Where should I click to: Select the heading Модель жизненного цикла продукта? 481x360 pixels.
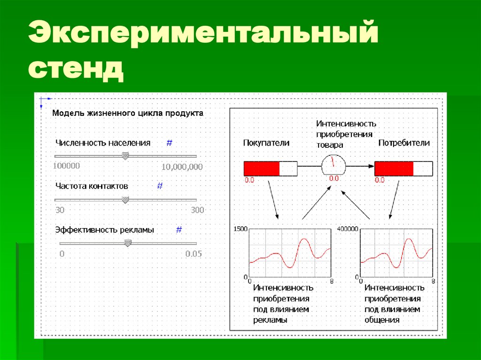127,113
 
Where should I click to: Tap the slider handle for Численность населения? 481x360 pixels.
125,156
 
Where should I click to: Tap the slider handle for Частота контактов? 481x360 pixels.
125,199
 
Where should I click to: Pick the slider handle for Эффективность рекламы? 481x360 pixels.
128,243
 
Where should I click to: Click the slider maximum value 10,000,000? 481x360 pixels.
182,167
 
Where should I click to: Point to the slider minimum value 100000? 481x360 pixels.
66,166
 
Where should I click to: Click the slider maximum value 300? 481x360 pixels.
197,210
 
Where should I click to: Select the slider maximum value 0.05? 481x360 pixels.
193,254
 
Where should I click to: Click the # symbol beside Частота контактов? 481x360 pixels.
160,186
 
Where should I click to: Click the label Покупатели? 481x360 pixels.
266,143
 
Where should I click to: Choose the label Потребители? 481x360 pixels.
404,143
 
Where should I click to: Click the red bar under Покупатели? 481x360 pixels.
262,168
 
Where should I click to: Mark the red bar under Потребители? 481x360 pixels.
394,168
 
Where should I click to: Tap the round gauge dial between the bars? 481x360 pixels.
334,165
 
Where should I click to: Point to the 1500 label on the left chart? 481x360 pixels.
240,229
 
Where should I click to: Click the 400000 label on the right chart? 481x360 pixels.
348,229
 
